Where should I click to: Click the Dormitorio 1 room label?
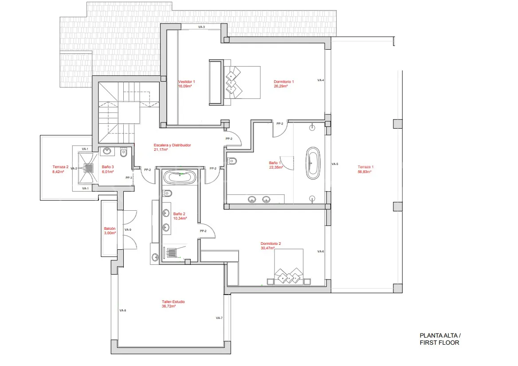(283, 82)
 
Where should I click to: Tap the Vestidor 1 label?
(187, 82)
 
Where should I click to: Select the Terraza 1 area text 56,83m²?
(365, 172)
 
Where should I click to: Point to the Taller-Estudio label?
(173, 302)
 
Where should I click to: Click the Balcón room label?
(110, 228)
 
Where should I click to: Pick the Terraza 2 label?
(60, 167)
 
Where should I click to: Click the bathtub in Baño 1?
(313, 163)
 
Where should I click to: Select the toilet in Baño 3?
(124, 152)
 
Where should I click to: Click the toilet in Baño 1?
(232, 161)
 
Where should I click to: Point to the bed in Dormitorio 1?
(235, 82)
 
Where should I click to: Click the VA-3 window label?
(201, 27)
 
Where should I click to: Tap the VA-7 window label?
(219, 318)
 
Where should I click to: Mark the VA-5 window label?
(335, 164)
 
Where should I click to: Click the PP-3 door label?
(129, 178)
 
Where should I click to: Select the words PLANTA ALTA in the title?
(438, 335)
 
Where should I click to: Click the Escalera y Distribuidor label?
(172, 145)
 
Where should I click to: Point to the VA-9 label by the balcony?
(128, 229)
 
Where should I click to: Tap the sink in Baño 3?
(107, 151)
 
